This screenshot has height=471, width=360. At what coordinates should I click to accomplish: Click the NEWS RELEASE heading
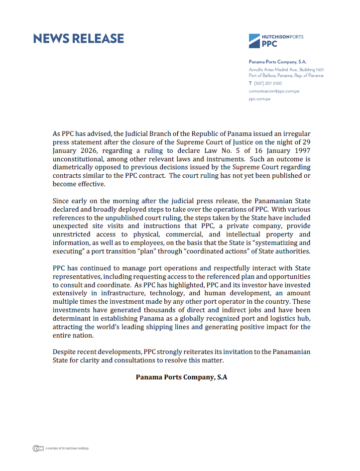coord(78,39)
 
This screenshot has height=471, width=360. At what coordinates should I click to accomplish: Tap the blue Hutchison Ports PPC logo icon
coord(254,40)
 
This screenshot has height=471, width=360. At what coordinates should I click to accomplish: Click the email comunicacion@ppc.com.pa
coord(274,91)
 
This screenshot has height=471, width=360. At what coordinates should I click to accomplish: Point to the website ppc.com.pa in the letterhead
coord(259,99)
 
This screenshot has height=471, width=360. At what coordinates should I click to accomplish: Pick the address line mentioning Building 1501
coord(286,70)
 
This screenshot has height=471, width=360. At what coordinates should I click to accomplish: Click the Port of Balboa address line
coord(286,76)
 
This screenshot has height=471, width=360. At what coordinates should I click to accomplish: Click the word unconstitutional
coord(79,159)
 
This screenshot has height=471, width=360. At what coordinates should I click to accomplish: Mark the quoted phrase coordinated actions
coord(220,251)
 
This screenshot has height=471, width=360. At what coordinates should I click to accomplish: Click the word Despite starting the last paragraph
coord(64,352)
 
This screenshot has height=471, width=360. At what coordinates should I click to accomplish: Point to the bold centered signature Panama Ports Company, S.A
coord(181,377)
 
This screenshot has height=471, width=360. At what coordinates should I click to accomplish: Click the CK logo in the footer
coord(37,448)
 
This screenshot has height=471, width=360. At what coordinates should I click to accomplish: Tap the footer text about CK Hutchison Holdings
coord(67,449)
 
